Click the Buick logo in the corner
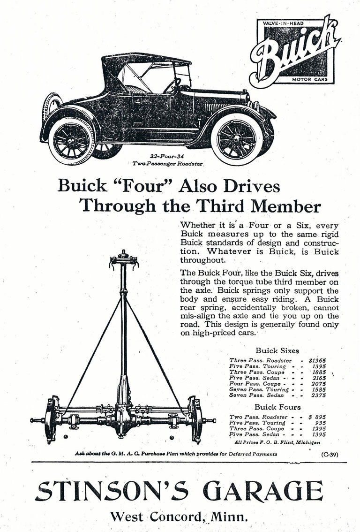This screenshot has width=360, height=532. point(296,50)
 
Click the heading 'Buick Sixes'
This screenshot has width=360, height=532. point(277,350)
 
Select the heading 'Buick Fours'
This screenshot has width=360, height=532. point(277,407)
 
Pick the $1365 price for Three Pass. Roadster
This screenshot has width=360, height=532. point(317,360)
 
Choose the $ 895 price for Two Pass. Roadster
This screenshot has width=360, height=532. point(317,417)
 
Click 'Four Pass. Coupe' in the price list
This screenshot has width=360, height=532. point(255,383)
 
